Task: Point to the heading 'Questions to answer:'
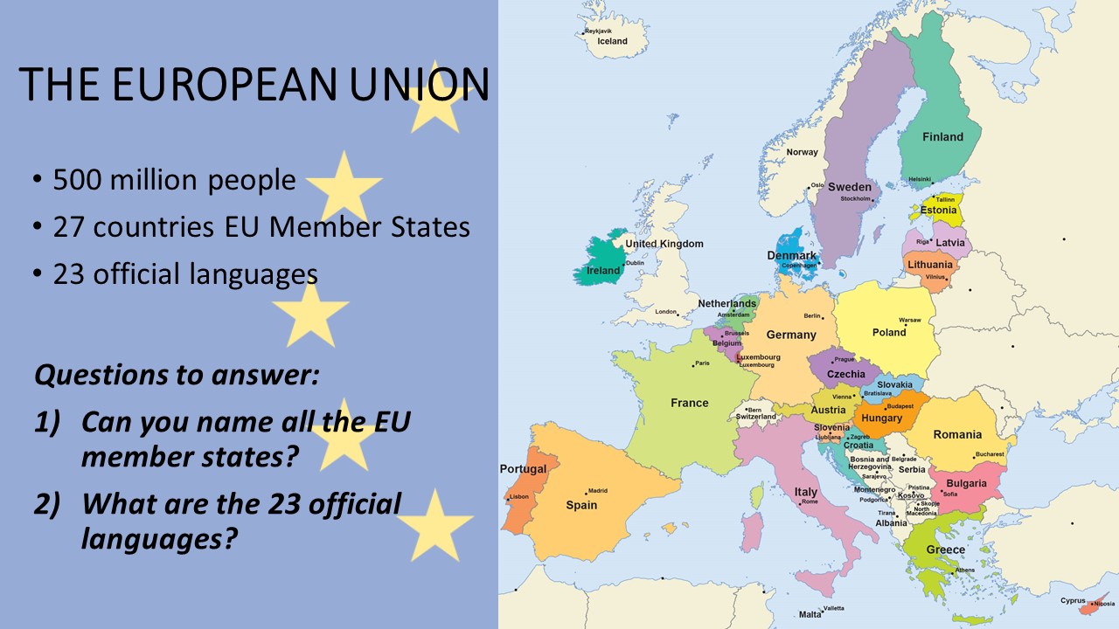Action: coord(177,376)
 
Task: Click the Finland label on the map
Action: coord(942,136)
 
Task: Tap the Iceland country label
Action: coord(612,41)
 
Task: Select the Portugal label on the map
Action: coord(523,469)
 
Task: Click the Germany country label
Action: coord(791,335)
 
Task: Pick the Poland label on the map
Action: coord(889,332)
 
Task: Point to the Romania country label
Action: coord(957,434)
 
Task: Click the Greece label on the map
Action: coord(945,550)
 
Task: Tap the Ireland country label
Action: coord(603,271)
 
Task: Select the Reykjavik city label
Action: coord(599,31)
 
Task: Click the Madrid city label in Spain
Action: coord(598,491)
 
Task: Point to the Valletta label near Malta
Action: coord(834,608)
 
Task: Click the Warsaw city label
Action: coord(910,320)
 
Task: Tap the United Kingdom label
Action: coord(664,244)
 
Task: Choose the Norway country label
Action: coord(802,152)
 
